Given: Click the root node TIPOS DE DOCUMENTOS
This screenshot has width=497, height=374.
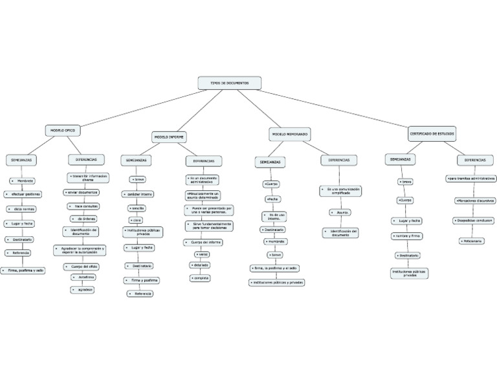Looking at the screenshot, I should point(230,83).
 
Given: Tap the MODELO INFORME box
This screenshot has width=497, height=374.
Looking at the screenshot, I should point(169,137).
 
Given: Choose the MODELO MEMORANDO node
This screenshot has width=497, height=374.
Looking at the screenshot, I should point(290,134).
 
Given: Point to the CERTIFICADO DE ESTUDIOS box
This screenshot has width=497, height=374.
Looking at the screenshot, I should point(432,133).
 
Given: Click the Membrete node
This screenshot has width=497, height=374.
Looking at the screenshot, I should point(24,181).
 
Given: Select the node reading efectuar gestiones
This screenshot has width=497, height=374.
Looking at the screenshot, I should point(23,194).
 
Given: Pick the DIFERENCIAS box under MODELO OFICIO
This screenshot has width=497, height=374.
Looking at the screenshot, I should point(86,159).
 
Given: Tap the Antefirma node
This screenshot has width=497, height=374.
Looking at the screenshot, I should point(86,277).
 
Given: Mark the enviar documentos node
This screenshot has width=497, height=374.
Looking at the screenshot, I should point(82,192).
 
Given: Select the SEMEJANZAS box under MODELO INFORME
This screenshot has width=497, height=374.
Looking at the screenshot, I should point(136,160).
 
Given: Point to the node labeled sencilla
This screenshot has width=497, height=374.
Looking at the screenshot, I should point(137,208).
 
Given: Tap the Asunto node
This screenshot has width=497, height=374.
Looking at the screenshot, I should point(340,212).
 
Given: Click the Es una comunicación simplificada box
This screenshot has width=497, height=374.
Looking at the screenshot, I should point(340,191).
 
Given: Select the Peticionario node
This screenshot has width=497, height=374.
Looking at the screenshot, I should point(472,241).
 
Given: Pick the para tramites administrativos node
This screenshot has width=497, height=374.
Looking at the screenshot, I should point(471,178).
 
